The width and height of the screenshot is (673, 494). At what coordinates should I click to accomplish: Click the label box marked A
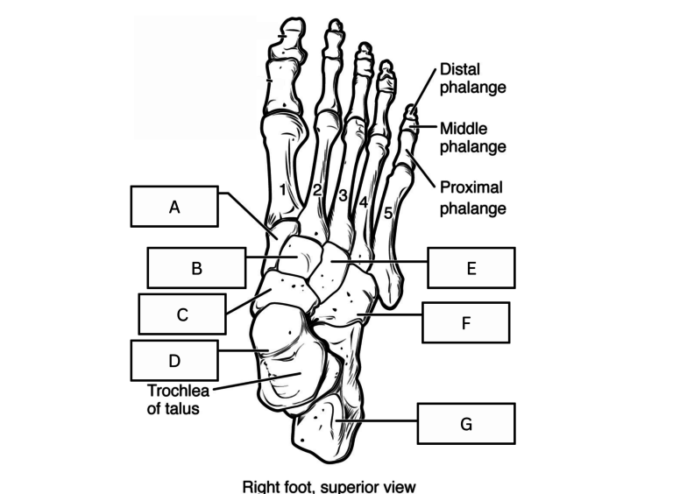[x=174, y=206]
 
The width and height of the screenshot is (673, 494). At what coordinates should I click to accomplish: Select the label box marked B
[x=196, y=268]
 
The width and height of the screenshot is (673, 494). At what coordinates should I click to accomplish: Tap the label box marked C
[x=182, y=314]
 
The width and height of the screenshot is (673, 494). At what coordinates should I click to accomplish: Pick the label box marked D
[x=174, y=360]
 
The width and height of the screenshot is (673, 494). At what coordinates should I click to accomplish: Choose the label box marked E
[x=471, y=268]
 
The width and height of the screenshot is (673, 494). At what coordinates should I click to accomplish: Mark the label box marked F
[x=466, y=322]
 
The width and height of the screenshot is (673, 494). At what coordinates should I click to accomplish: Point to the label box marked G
[x=466, y=423]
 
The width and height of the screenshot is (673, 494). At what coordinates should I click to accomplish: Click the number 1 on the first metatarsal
[x=282, y=189]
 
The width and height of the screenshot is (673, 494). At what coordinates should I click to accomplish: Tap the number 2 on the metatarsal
[x=317, y=189]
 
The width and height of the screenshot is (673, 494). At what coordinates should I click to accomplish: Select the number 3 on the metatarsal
[x=343, y=195]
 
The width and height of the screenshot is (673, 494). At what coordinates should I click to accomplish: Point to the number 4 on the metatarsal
[x=364, y=202]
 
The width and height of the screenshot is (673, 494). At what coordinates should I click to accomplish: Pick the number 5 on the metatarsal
[x=388, y=213]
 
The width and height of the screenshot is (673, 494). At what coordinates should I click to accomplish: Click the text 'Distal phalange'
[x=472, y=78]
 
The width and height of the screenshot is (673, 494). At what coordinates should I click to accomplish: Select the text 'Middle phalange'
[x=472, y=138]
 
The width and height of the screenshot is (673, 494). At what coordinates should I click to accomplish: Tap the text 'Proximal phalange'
[x=472, y=198]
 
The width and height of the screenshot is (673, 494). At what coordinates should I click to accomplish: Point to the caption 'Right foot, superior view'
[x=329, y=487]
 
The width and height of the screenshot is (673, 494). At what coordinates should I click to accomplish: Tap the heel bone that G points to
[x=326, y=429]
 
